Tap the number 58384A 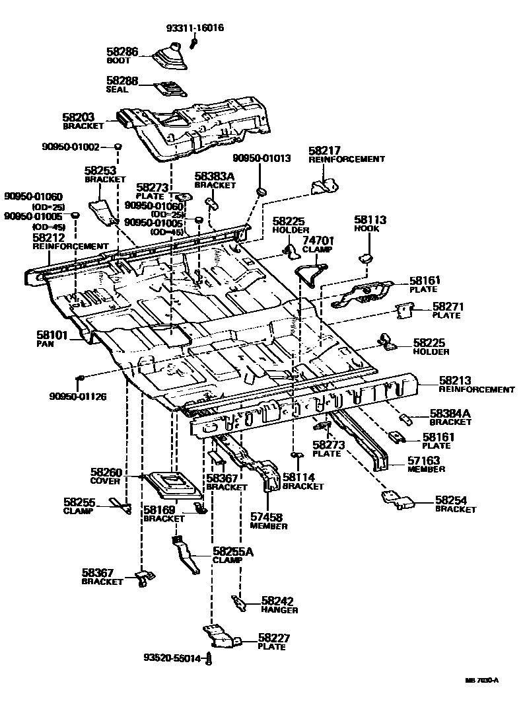click(x=450, y=413)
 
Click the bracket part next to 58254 click(x=400, y=500)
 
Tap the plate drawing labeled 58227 click(x=220, y=637)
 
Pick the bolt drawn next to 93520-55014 click(x=209, y=658)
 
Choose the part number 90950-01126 click(x=77, y=397)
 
